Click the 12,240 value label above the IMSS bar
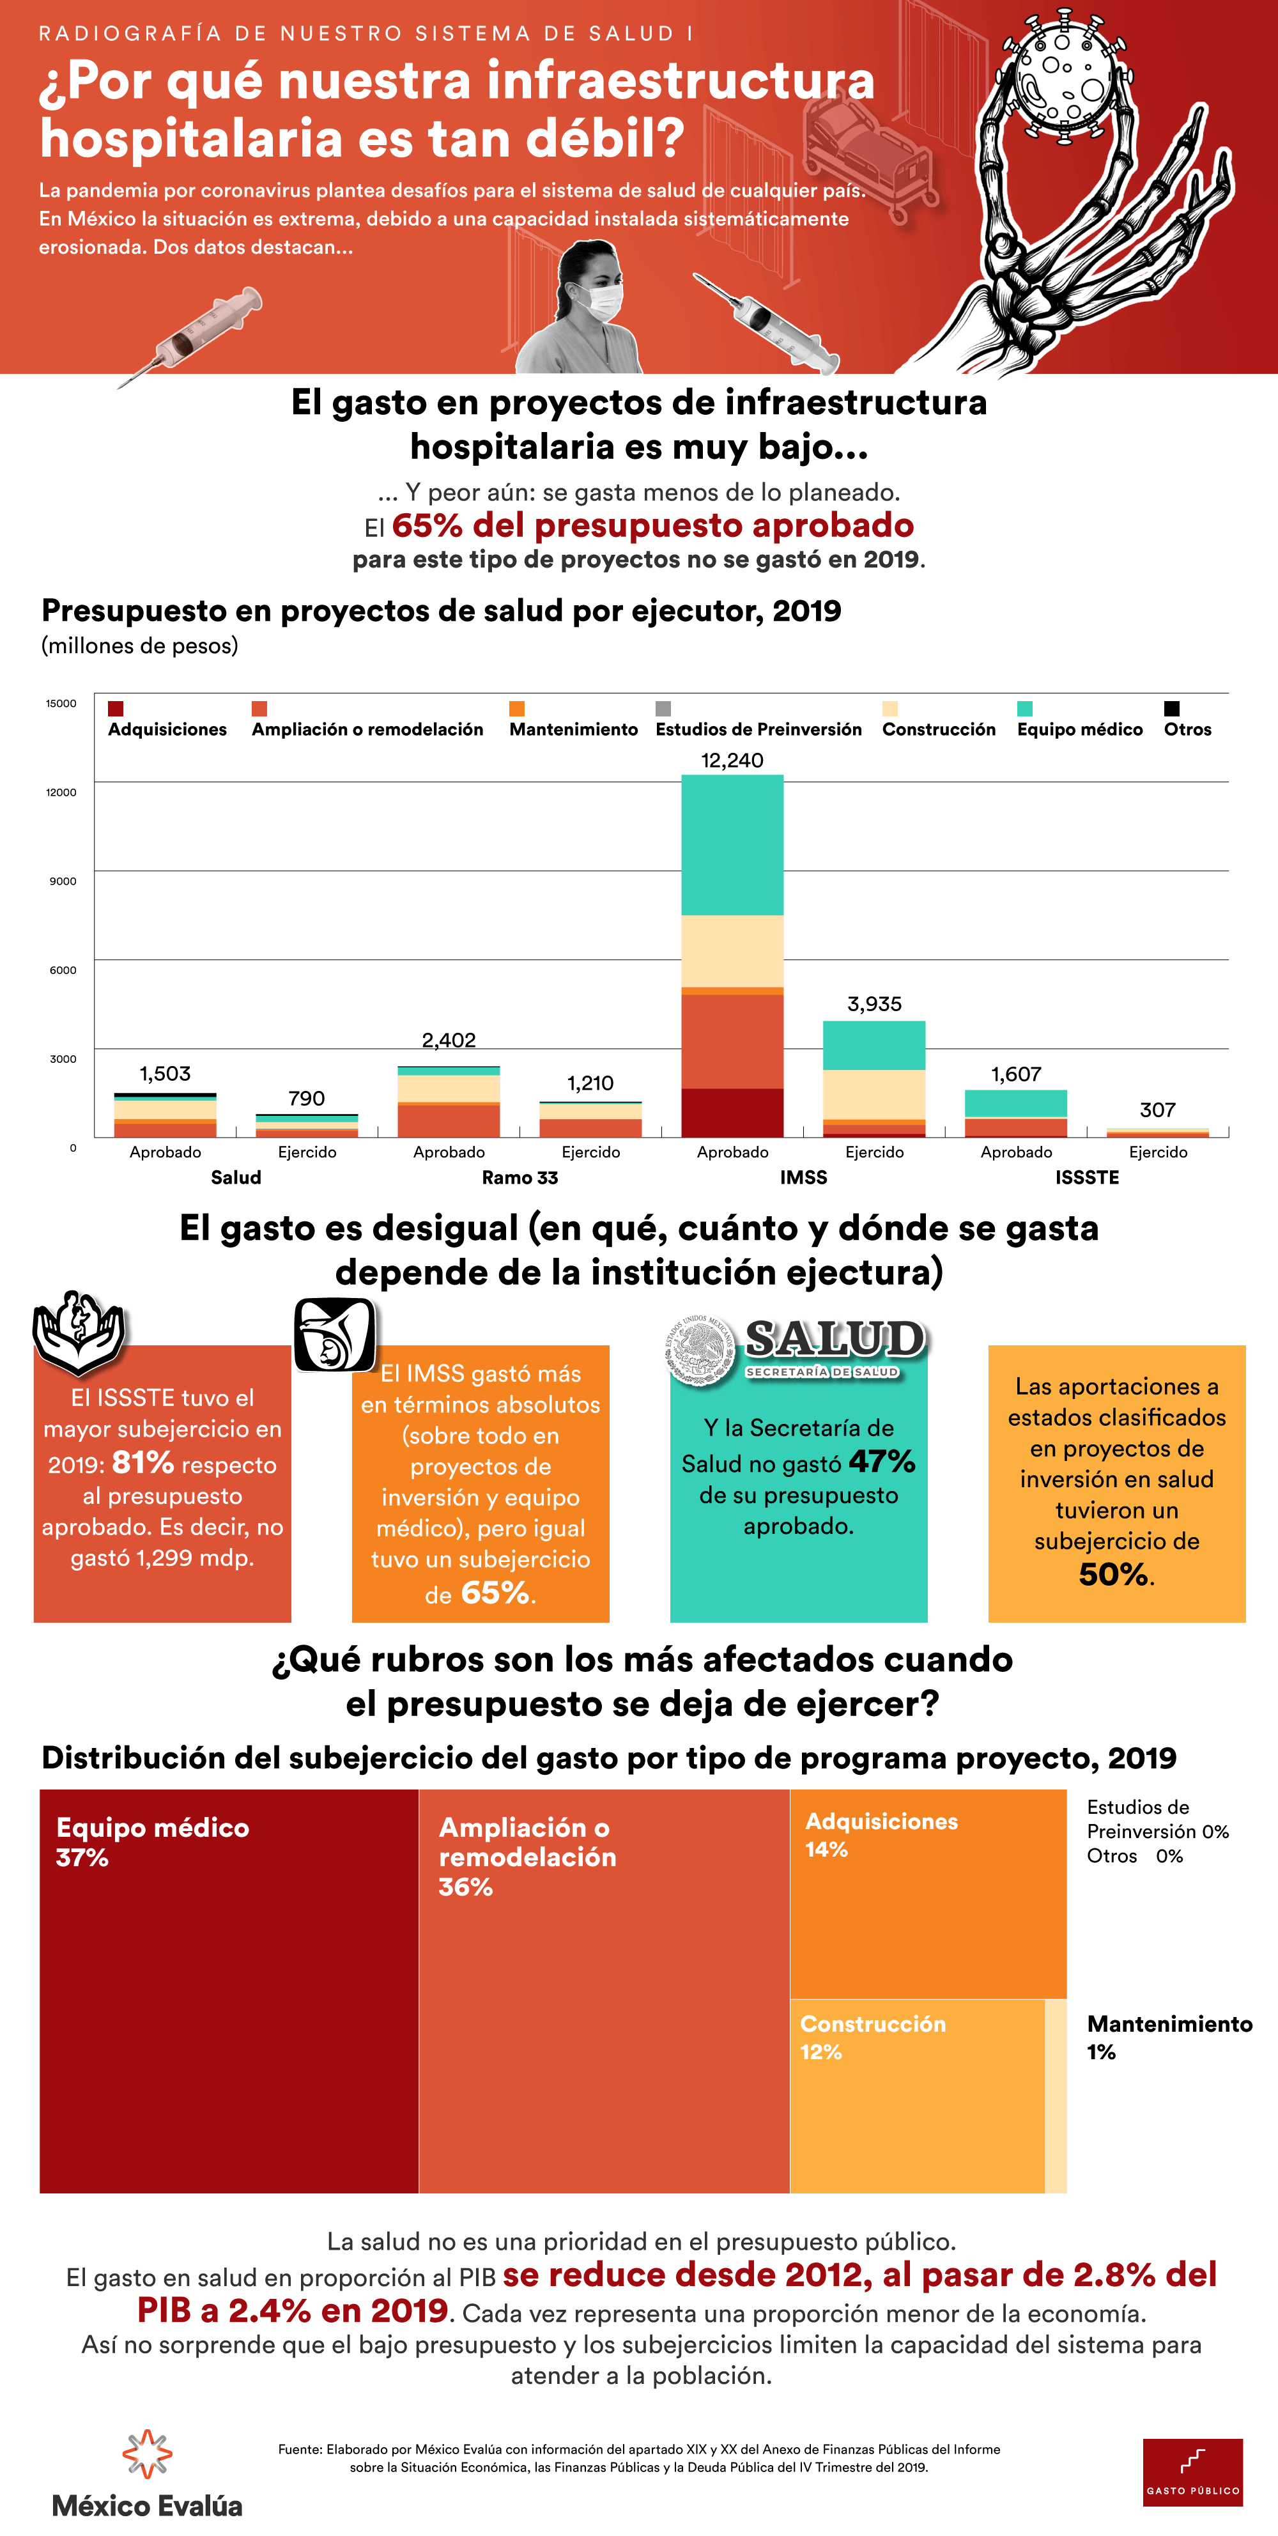[x=732, y=760]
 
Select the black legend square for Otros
[x=1172, y=709]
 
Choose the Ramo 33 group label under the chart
[x=520, y=1177]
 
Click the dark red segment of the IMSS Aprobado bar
[x=732, y=1113]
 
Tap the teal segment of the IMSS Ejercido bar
[x=874, y=1046]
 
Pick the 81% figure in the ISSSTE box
[x=142, y=1463]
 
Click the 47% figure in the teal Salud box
[x=882, y=1462]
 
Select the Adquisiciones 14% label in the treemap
[x=881, y=1835]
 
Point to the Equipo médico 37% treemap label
[x=153, y=1842]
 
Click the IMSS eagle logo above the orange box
[x=335, y=1335]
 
